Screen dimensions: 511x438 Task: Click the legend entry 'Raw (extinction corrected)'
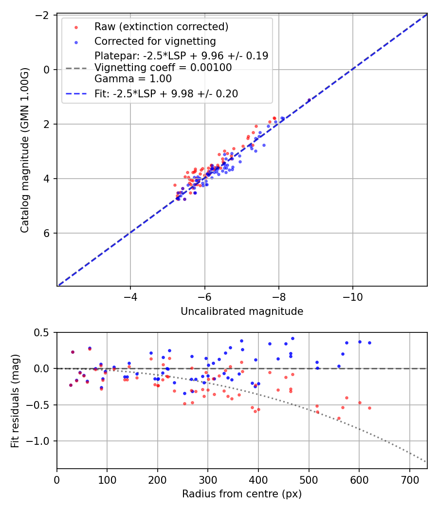pyautogui.click(x=161, y=26)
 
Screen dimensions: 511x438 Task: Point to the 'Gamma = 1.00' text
pyautogui.click(x=133, y=78)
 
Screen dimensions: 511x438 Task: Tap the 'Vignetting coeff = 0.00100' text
pyautogui.click(x=163, y=67)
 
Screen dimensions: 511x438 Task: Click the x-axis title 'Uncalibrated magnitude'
pyautogui.click(x=242, y=311)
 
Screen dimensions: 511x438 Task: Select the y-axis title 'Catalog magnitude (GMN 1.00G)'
pyautogui.click(x=25, y=150)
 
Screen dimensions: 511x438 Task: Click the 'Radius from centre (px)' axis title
pyautogui.click(x=242, y=494)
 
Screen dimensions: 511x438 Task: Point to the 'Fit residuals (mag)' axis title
pyautogui.click(x=15, y=400)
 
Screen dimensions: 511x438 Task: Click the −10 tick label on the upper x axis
pyautogui.click(x=353, y=297)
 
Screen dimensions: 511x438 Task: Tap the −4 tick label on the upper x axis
pyautogui.click(x=130, y=297)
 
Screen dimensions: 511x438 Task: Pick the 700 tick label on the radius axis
pyautogui.click(x=409, y=479)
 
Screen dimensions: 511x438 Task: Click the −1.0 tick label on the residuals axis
pyautogui.click(x=40, y=441)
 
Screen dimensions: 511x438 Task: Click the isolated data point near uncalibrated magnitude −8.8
pyautogui.click(x=309, y=100)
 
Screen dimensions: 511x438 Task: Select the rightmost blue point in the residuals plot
pyautogui.click(x=369, y=343)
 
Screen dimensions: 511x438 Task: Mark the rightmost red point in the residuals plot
pyautogui.click(x=369, y=408)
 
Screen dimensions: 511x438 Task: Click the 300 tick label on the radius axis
pyautogui.click(x=208, y=479)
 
